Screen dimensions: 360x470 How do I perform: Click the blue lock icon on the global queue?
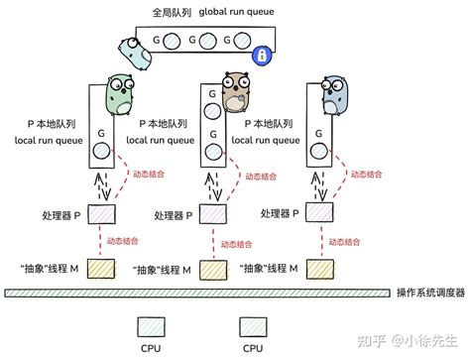tap(263, 57)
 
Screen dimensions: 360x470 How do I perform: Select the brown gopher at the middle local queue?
tap(234, 95)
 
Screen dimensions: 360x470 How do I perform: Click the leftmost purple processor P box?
tap(102, 214)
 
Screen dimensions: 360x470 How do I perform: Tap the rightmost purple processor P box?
tap(317, 213)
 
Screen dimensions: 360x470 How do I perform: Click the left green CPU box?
tap(152, 326)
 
